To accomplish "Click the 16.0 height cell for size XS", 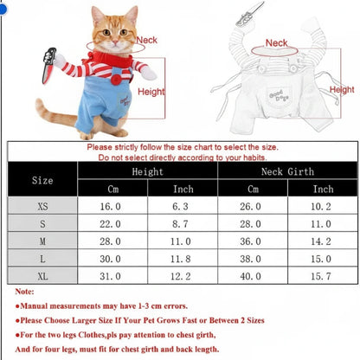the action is [x=110, y=207].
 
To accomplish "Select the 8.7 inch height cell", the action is [x=180, y=224].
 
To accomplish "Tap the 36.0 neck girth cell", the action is [x=250, y=241].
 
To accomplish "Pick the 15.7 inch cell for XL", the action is [x=321, y=276].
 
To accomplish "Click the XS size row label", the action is [x=42, y=207].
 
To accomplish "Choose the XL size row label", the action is [x=42, y=276].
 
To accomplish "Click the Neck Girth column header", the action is [x=287, y=171].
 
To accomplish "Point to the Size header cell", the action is [x=42, y=181].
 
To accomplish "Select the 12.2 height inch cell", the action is [x=180, y=276].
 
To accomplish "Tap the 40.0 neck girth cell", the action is [x=250, y=276].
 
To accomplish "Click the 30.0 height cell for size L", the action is [x=110, y=259].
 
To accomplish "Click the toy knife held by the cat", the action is [x=48, y=66].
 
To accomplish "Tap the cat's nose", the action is [x=115, y=42].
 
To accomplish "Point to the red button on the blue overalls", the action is [x=116, y=80].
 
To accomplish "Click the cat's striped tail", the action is [x=55, y=114].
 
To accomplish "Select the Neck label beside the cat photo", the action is [x=147, y=40].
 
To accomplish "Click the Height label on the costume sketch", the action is [x=342, y=90].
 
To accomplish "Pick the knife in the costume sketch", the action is [x=249, y=14].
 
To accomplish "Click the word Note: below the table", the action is [x=24, y=292].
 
